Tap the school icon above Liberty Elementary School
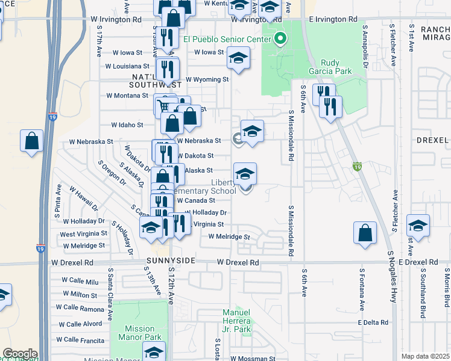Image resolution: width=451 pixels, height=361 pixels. (x=245, y=174)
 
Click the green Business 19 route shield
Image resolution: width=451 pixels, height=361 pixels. (x=357, y=167)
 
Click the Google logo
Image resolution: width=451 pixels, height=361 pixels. (x=19, y=354)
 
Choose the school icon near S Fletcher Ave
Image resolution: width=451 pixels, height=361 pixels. (x=418, y=226)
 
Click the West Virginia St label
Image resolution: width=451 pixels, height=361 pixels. (x=83, y=233)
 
